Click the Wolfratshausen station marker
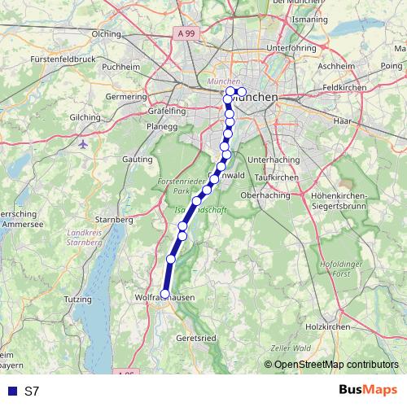click(x=165, y=294)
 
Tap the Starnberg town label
click(x=114, y=220)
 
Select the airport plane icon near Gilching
click(x=83, y=144)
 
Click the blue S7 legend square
click(x=12, y=391)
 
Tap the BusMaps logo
click(x=369, y=390)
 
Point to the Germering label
click(x=125, y=96)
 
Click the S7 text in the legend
click(x=32, y=391)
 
